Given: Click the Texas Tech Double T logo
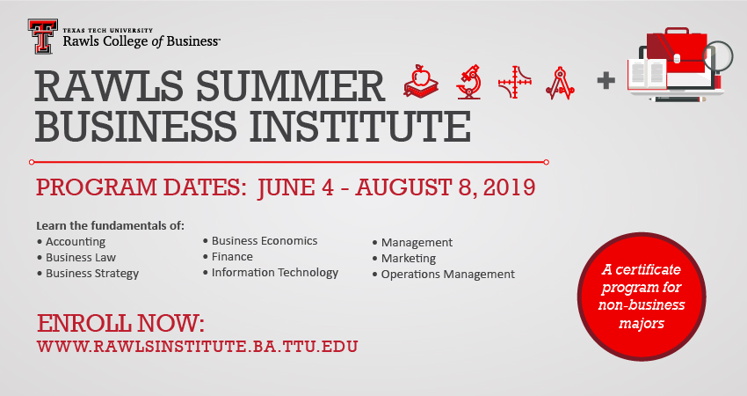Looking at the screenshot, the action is (42, 36).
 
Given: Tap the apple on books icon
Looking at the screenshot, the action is (421, 82).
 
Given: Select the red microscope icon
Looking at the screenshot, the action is (468, 82).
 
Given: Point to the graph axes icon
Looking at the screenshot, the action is (514, 82).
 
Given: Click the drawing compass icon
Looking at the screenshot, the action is (561, 83).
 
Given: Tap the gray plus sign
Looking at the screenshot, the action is (606, 80).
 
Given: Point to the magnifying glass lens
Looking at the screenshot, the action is (718, 55).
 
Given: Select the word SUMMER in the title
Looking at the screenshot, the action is (290, 86).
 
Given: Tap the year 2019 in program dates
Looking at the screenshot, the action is (509, 187).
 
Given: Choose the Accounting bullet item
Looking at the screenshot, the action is (71, 242).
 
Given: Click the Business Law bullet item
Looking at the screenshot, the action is (76, 258).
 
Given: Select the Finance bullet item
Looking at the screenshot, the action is (228, 257).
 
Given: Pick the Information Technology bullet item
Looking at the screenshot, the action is (271, 273).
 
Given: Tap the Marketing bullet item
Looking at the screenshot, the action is (404, 259).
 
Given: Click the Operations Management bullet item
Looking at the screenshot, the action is (444, 275).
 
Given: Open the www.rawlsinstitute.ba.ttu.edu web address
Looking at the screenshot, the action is (197, 347).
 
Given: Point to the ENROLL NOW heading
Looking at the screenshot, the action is (120, 324).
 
